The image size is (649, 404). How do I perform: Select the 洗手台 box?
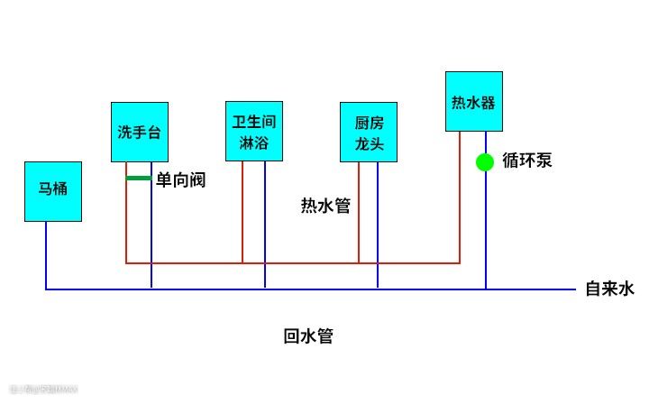[x=140, y=132]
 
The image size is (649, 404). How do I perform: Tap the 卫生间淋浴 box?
[x=254, y=131]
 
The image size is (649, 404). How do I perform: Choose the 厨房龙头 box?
[x=369, y=132]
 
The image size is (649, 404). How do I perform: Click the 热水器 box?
[x=473, y=101]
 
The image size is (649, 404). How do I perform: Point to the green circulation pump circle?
[x=485, y=162]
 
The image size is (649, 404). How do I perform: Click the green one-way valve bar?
[x=138, y=179]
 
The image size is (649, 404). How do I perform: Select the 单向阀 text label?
[x=180, y=180]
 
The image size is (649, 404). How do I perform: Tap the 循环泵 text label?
[x=526, y=161]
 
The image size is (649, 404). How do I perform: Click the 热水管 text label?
[x=325, y=206]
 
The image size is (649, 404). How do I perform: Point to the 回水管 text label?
[x=308, y=337]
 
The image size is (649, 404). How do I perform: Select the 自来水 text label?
[x=610, y=289]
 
